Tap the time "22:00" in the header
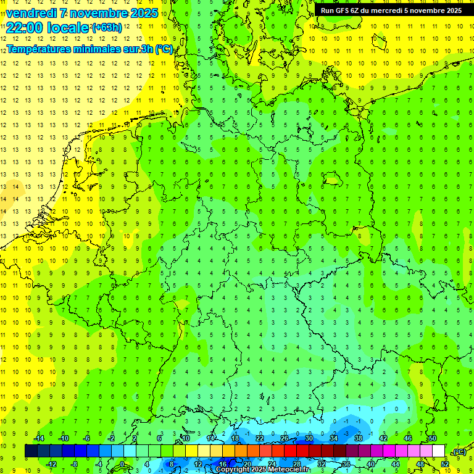pyautogui.click(x=25, y=28)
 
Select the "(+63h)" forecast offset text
pyautogui.click(x=107, y=28)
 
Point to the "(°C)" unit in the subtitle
pyautogui.click(x=164, y=49)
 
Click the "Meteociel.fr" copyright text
pyautogui.click(x=285, y=470)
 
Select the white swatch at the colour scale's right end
pyautogui.click(x=439, y=451)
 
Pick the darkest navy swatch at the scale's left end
pyautogui.click(x=31, y=451)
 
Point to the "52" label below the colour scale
pyautogui.click(x=445, y=464)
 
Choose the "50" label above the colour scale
pyautogui.click(x=433, y=438)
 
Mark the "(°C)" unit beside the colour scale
pyautogui.click(x=459, y=452)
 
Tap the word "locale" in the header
pyautogui.click(x=69, y=28)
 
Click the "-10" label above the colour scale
pyautogui.click(x=63, y=438)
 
